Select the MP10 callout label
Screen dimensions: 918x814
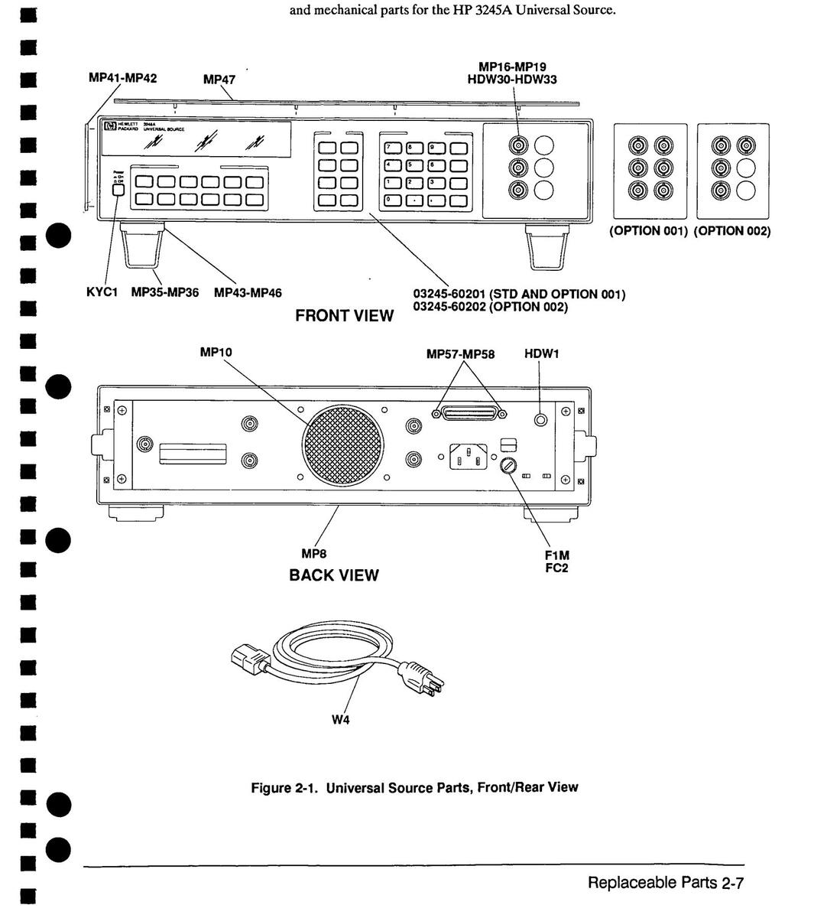tap(216, 352)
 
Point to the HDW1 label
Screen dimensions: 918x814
tap(541, 354)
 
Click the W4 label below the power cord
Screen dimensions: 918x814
tap(341, 720)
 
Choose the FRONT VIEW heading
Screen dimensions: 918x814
tap(345, 315)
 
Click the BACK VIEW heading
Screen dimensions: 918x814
tap(333, 575)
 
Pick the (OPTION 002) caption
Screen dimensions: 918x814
tap(732, 231)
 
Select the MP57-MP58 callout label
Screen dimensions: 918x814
tap(460, 354)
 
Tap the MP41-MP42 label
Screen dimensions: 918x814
tap(123, 78)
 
